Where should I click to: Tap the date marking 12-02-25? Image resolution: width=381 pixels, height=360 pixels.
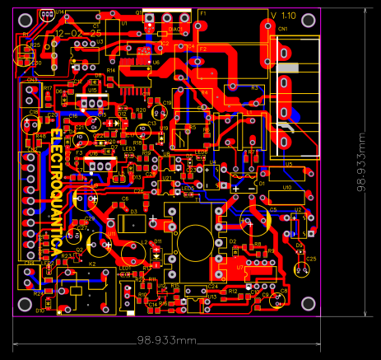pos(68,33)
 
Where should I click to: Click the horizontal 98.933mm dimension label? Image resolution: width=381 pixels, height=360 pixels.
pos(166,339)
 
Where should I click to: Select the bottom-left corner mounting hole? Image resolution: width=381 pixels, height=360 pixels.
pos(25,302)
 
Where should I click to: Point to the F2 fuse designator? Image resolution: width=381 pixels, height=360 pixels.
pos(203,49)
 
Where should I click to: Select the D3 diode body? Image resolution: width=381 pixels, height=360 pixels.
pos(132,222)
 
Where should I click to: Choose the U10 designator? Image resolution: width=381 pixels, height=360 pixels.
pos(286,188)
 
